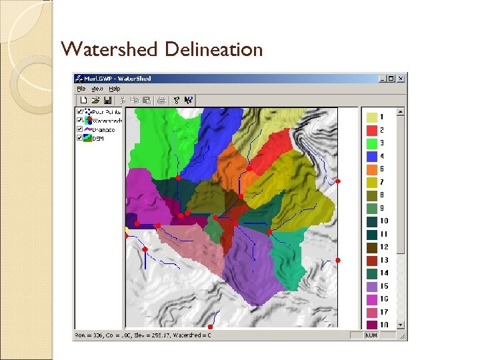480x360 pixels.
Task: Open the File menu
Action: click(x=81, y=88)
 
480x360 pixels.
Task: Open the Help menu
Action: click(x=115, y=88)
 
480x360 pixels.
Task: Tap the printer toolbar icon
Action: click(x=161, y=100)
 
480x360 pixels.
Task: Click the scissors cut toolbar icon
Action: click(x=123, y=100)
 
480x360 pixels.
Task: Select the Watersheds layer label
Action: click(x=107, y=121)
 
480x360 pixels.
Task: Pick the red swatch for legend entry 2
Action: click(x=372, y=129)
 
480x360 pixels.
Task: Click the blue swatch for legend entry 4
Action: click(x=372, y=155)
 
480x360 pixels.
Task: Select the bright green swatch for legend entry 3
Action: click(x=372, y=143)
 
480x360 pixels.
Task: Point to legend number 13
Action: click(x=385, y=260)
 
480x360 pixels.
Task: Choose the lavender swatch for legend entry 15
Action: click(x=372, y=286)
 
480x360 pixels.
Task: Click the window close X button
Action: click(x=400, y=79)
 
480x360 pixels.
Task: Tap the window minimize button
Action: click(x=381, y=79)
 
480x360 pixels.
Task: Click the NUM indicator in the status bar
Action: click(x=371, y=335)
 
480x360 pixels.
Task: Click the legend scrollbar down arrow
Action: click(x=400, y=325)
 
